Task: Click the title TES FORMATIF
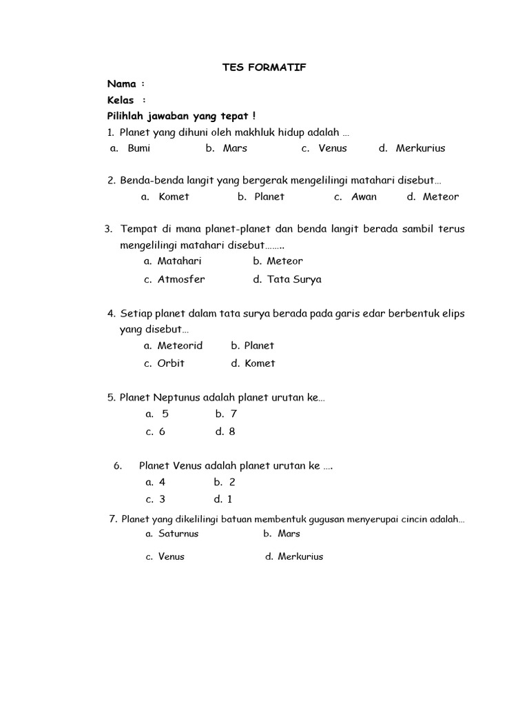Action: coord(264,67)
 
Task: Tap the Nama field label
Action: coord(122,83)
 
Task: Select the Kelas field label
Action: coord(121,100)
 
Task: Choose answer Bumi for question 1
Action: coord(138,148)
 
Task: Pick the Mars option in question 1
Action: coord(235,148)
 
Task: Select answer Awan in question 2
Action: coord(364,196)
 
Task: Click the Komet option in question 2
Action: coord(174,196)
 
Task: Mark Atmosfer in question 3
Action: coord(181,279)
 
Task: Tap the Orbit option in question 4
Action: coord(171,363)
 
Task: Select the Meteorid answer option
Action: coord(180,345)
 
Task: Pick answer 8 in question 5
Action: coord(231,432)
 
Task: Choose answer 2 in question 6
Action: coord(232,483)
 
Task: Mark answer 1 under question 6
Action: coord(229,499)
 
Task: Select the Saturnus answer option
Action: coord(178,534)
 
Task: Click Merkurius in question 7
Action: coord(300,556)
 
